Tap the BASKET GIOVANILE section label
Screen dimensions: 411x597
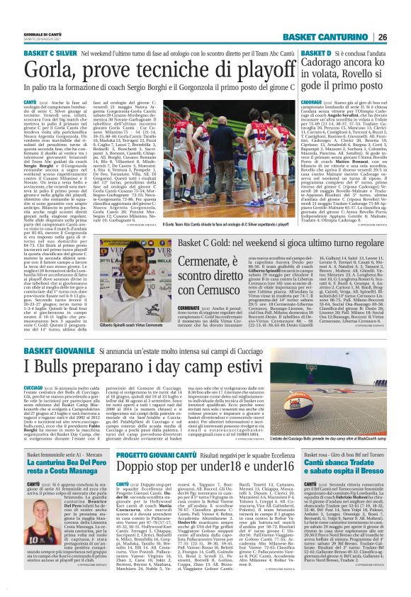click(55, 350)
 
